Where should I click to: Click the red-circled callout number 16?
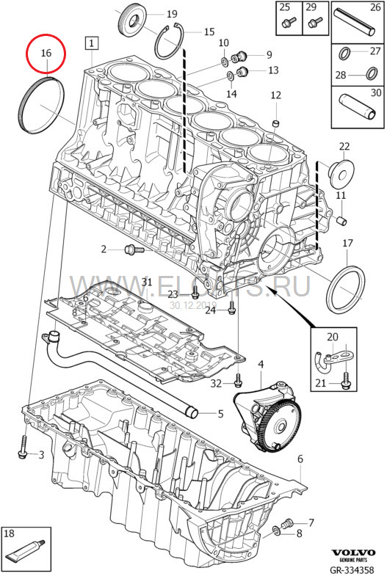pyautogui.click(x=46, y=53)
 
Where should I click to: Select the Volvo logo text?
pyautogui.click(x=353, y=552)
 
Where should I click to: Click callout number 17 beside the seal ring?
pyautogui.click(x=347, y=243)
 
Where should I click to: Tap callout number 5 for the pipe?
pyautogui.click(x=220, y=414)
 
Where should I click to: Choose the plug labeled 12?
pyautogui.click(x=276, y=120)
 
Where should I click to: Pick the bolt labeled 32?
pyautogui.click(x=237, y=382)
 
